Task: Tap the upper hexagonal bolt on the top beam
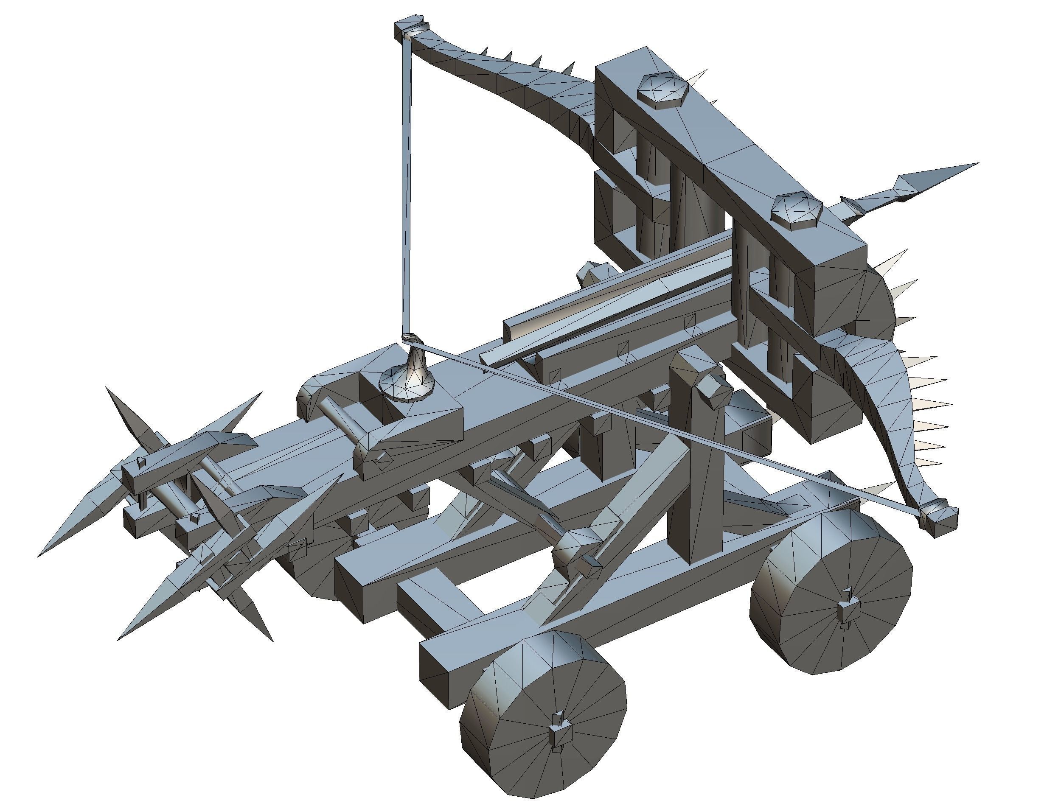662,91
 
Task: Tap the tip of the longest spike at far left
41,554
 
